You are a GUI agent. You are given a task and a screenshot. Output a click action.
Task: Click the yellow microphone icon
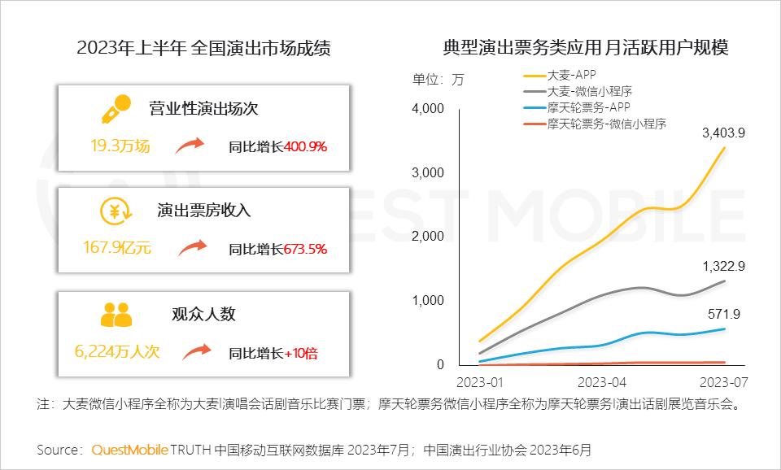(x=116, y=108)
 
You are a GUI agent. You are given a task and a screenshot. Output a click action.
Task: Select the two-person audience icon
(x=116, y=313)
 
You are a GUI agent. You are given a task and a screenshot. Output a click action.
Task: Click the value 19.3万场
(x=120, y=146)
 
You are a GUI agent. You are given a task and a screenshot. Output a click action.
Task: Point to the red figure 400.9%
(x=305, y=147)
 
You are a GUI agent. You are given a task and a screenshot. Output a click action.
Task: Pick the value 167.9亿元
(x=117, y=247)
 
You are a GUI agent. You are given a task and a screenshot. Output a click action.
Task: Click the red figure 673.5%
(x=305, y=249)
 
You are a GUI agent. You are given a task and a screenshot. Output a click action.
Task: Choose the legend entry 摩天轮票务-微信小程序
(x=606, y=124)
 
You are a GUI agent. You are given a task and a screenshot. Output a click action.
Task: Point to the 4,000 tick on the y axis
(x=428, y=109)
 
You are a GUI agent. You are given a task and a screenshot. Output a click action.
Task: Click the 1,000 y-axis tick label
(x=428, y=301)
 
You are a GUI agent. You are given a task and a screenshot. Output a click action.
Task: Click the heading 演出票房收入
(x=203, y=211)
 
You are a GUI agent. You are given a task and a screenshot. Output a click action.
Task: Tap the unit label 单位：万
(x=438, y=80)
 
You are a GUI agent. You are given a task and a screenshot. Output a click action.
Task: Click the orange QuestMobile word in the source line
(x=130, y=449)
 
